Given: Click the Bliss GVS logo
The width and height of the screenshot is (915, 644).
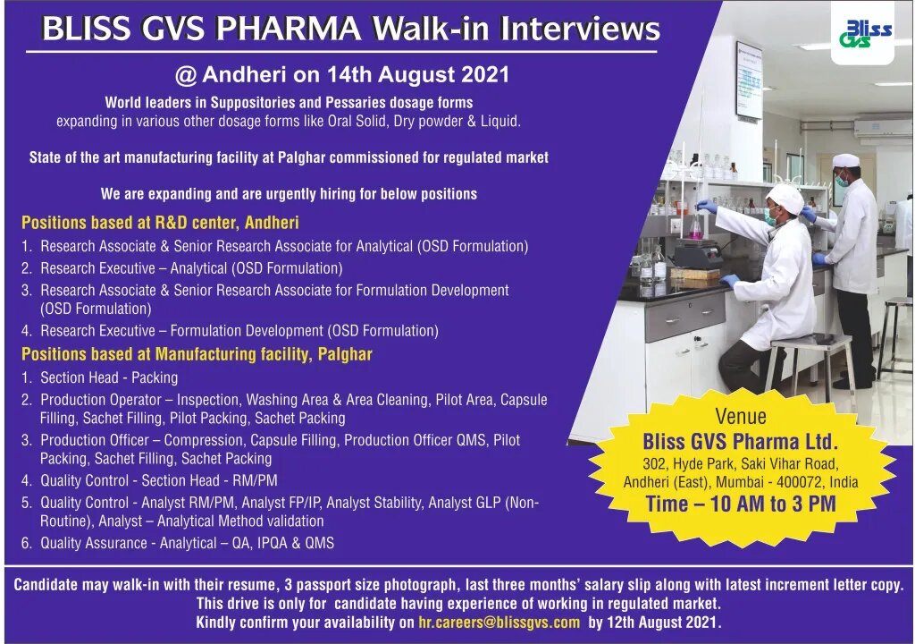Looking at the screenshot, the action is [865, 34].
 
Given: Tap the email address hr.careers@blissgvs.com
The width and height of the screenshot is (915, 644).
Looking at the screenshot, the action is [499, 623].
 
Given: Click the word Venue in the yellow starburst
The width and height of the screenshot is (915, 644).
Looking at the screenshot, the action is [741, 416].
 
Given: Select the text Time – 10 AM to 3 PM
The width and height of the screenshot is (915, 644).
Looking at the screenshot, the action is [741, 504].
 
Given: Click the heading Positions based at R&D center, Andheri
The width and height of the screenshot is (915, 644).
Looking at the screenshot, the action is [160, 223].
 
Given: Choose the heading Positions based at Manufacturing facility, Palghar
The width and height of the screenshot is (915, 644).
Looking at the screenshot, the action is [197, 354].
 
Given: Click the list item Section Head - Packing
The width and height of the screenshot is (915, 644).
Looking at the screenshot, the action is [109, 377].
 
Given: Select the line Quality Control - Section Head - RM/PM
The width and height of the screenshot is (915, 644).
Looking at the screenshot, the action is [159, 480].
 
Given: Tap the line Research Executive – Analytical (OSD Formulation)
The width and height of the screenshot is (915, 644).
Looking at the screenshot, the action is [191, 268].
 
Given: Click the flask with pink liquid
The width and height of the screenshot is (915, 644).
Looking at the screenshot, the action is [695, 227].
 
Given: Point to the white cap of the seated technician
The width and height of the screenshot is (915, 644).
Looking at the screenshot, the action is [784, 199].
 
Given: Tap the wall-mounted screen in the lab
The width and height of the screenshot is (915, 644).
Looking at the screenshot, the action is [748, 80].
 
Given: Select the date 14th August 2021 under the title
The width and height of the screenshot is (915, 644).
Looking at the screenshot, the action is [418, 74].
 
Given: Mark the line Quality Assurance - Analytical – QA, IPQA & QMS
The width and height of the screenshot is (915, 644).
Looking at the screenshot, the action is [188, 543].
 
